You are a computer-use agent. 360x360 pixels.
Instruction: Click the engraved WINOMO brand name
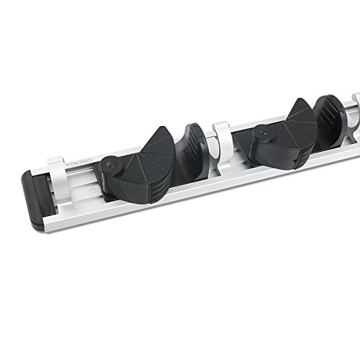[78, 162]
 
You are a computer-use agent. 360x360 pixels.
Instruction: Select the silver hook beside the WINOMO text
[59, 181]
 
